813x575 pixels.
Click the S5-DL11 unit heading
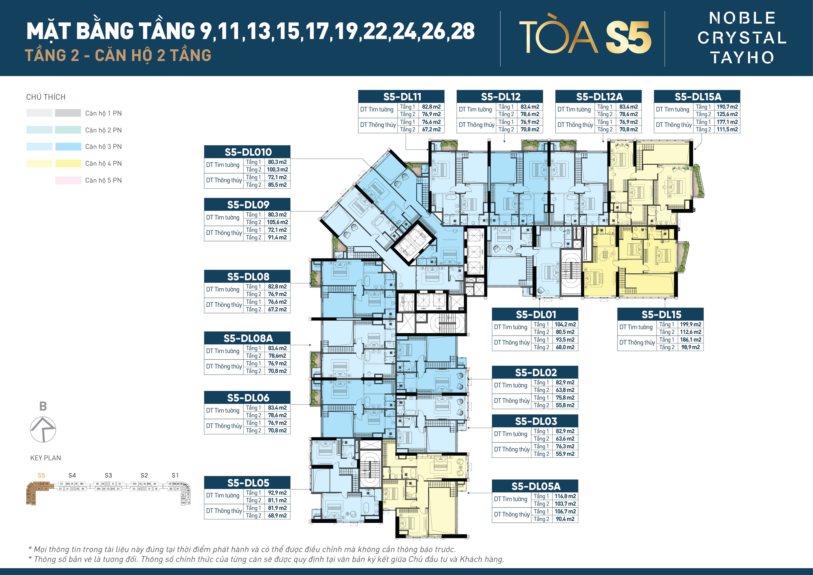coord(402,97)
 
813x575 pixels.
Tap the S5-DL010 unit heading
coord(248,152)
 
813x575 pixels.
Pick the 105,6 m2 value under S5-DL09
coord(277,222)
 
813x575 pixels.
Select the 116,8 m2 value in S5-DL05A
coord(565,496)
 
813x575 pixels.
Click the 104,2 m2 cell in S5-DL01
coord(565,324)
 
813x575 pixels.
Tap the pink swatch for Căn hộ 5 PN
coord(68,180)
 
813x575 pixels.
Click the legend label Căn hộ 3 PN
coord(103,147)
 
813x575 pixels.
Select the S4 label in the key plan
coord(72,475)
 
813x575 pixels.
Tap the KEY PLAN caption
coord(46,458)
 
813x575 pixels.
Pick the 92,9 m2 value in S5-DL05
coord(277,493)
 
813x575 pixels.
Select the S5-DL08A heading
coord(248,338)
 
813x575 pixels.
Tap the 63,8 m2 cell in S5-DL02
coord(565,390)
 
